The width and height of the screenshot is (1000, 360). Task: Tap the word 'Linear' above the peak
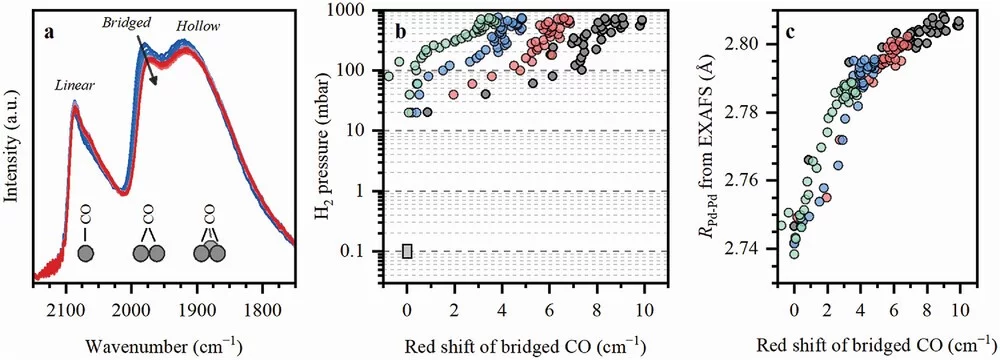(76, 87)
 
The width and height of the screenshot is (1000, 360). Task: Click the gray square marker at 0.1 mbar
(407, 251)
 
